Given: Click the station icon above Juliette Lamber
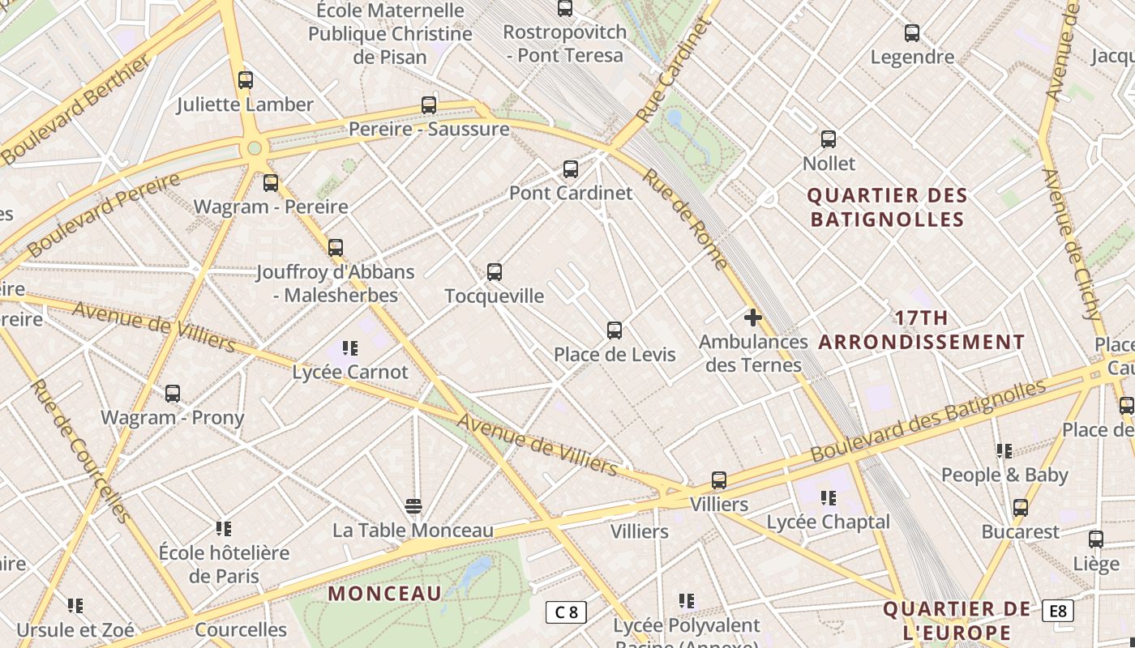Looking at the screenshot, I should [x=246, y=80].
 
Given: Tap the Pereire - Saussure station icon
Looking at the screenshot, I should [x=429, y=105].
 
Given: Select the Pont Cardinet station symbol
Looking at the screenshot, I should [x=571, y=169].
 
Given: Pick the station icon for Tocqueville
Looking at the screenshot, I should [x=495, y=272].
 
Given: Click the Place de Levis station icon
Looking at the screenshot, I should [x=615, y=330].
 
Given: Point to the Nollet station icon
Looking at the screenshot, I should [x=829, y=139].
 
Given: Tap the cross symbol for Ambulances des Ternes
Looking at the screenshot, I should [x=753, y=318].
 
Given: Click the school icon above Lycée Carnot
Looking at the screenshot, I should [x=350, y=348].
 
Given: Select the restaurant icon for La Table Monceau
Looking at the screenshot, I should [x=413, y=507].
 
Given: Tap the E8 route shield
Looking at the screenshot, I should [x=1058, y=611].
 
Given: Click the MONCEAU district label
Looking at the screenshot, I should [x=385, y=593].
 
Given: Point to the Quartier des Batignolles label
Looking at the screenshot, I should [x=888, y=207].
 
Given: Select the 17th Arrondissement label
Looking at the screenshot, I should [x=922, y=330].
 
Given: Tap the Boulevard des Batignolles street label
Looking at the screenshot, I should [x=928, y=420].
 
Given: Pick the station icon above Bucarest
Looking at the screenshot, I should [x=1021, y=509].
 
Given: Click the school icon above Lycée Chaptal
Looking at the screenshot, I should [x=828, y=497].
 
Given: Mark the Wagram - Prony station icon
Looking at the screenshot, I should [x=173, y=394].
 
